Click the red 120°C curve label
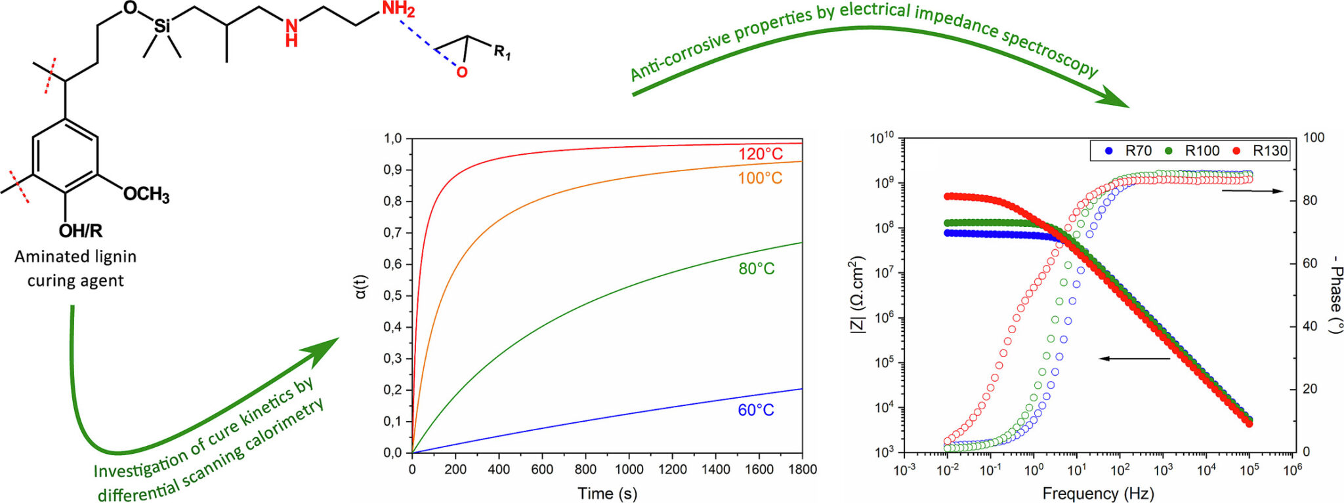coord(760,154)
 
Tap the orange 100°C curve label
coord(760,178)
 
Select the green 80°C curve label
coord(756,269)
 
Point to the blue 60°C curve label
coord(755,411)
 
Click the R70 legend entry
coord(1129,151)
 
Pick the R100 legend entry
coord(1193,151)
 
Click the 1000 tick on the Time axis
coord(629,470)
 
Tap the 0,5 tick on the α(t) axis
coord(392,296)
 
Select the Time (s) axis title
coord(607,493)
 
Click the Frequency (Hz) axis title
coord(1098,493)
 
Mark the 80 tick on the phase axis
coord(1309,201)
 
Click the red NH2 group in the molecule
coord(398,9)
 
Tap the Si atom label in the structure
coord(161,27)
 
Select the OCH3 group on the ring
coord(146,195)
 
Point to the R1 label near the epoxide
coord(502,52)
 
